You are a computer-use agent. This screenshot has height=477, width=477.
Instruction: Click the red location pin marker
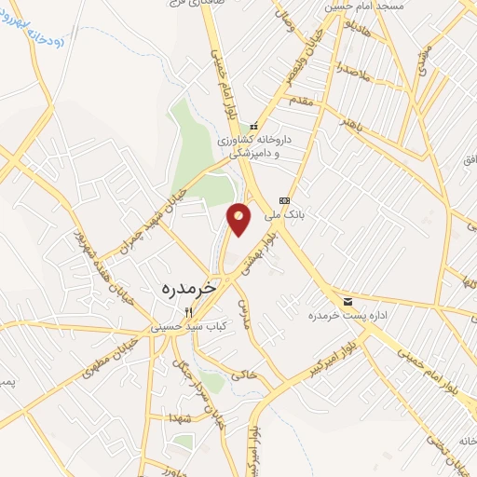pos(239,218)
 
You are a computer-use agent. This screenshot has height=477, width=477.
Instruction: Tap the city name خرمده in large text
pos(188,289)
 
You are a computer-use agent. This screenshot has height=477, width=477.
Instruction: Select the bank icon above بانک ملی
pos(285,200)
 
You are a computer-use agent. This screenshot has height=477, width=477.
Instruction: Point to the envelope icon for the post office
pos(348,302)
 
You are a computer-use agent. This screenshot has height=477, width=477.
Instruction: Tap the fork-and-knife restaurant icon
pos(188,312)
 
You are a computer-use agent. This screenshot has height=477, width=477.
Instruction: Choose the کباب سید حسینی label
pos(187,327)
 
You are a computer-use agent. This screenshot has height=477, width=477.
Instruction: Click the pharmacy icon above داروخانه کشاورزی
pos(252,126)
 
